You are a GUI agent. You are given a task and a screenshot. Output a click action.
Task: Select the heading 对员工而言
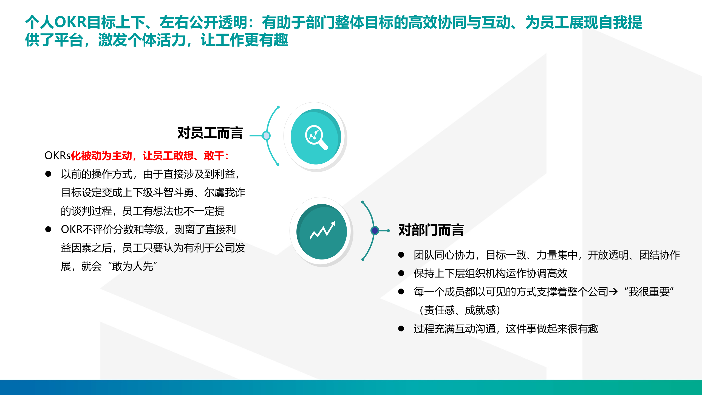[x=210, y=133]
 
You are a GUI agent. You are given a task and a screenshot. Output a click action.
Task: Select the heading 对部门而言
[x=431, y=230]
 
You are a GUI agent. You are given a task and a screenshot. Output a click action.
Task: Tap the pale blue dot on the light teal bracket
[x=266, y=136]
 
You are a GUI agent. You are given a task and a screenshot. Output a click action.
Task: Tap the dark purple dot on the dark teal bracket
[x=375, y=231]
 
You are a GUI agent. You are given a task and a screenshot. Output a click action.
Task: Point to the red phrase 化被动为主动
[x=101, y=156]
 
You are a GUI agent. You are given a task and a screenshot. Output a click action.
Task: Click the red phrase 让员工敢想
[x=168, y=156]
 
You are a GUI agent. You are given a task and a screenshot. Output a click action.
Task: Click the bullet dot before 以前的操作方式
[x=48, y=174]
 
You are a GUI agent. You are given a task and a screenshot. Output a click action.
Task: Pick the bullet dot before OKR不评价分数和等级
[x=48, y=229]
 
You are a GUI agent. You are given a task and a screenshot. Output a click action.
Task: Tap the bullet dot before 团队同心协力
[x=401, y=255]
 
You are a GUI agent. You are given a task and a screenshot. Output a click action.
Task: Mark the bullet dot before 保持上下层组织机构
[x=401, y=273]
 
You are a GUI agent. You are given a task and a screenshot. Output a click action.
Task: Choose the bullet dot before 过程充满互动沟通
[x=401, y=329]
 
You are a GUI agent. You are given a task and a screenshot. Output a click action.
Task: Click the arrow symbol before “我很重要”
[x=613, y=292]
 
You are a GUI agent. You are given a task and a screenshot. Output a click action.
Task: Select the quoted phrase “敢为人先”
[x=133, y=266]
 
